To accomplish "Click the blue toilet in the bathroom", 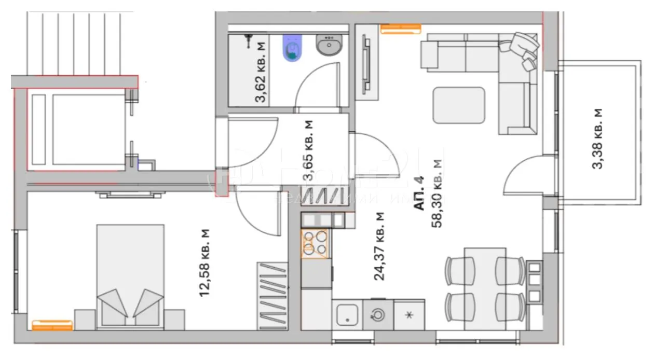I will pos(292,48).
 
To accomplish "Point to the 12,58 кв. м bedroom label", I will pos(205,263).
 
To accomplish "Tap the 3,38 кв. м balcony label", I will pos(598,139).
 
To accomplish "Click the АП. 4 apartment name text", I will pos(419,192).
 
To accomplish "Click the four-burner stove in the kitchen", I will pos(315,243).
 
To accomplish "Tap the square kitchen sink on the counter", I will pos(346,314).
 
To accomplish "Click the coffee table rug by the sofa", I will pos(459,105).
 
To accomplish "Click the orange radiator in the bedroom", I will pos(52,325).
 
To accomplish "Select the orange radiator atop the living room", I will pos(400,29).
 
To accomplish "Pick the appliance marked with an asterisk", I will pos(409,315).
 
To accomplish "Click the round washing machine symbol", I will pos(377,314).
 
